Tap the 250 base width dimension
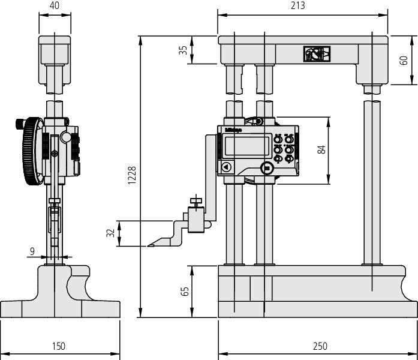[320, 346]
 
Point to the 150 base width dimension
[58, 346]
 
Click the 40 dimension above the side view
[55, 6]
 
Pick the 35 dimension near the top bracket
[184, 50]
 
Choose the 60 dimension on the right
[404, 61]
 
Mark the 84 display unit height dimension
[321, 151]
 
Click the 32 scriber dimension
[110, 233]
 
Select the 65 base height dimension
[185, 291]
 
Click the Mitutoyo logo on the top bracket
[315, 55]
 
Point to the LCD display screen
[246, 145]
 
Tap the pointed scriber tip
[150, 245]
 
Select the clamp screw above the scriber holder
[195, 200]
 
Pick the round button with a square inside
[267, 167]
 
